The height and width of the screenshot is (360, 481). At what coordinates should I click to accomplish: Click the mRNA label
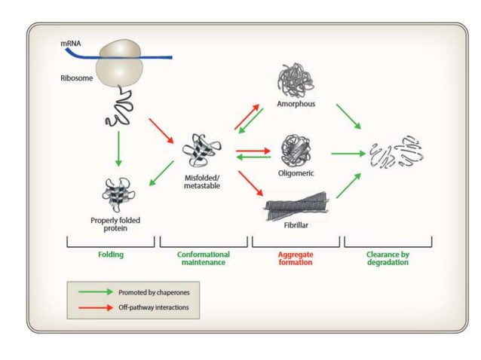tap(71, 44)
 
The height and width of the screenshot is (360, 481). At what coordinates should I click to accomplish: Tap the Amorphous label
tap(296, 104)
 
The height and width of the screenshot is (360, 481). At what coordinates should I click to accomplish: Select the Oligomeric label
tap(296, 172)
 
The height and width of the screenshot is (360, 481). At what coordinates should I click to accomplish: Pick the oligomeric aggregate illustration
tap(296, 150)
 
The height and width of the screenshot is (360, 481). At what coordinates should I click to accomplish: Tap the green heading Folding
tap(111, 255)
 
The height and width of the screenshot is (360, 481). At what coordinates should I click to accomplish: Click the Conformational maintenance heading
tap(204, 258)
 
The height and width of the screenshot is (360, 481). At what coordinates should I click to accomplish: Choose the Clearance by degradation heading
tap(388, 258)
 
